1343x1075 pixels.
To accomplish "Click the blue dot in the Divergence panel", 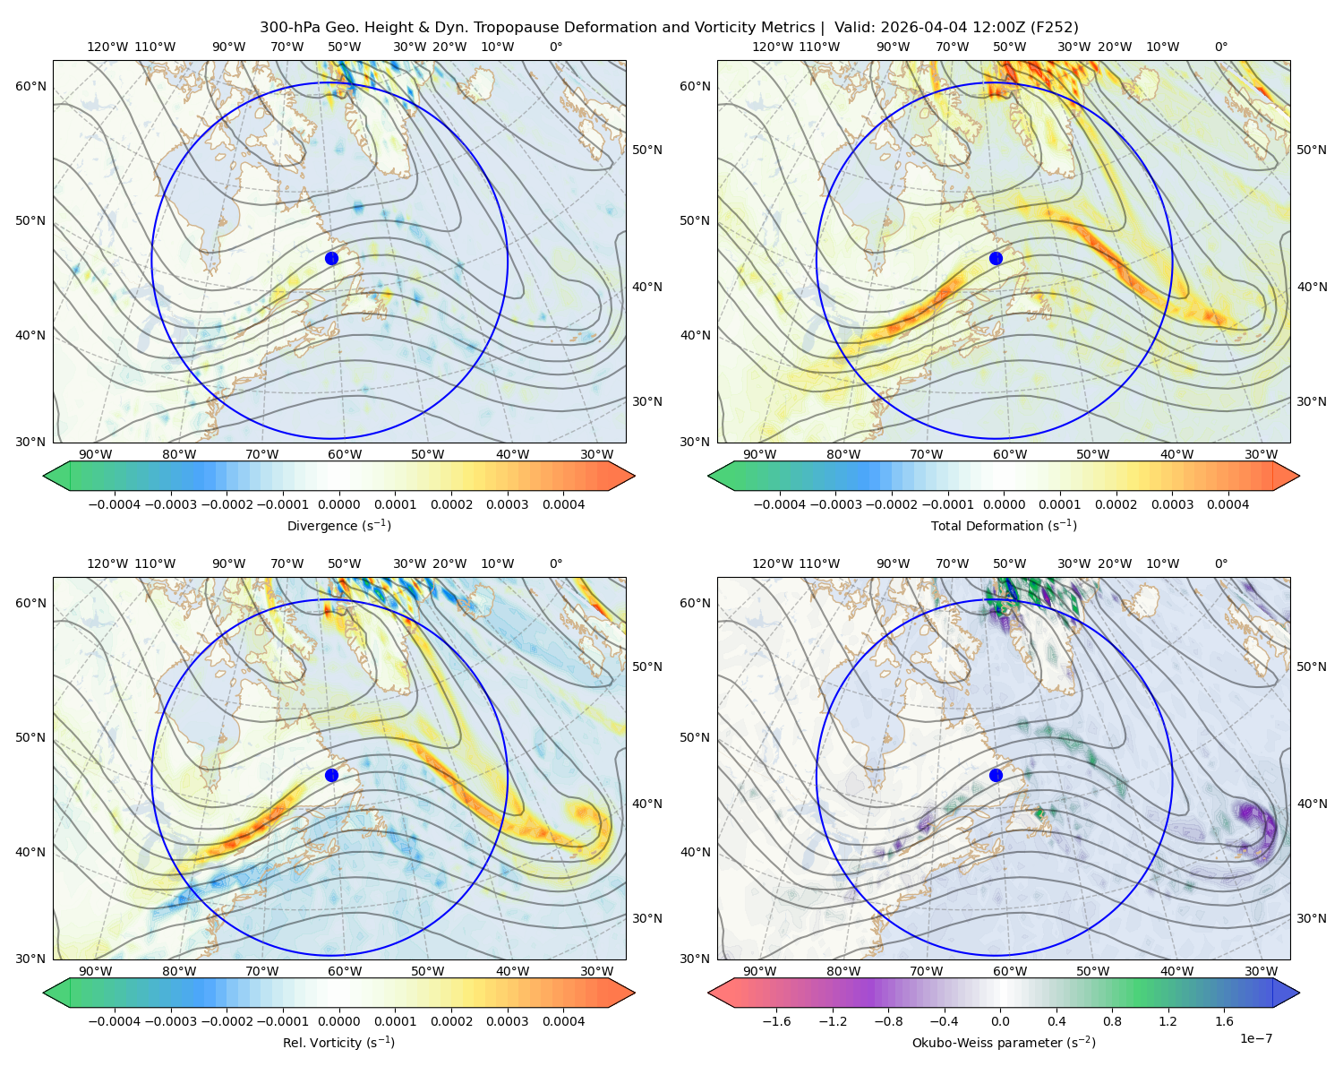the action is [x=331, y=259].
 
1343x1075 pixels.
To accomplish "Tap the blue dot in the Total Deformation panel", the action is [x=996, y=259].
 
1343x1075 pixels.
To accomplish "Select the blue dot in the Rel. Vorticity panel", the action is [x=331, y=775].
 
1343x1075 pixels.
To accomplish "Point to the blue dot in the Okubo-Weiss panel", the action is [x=996, y=775].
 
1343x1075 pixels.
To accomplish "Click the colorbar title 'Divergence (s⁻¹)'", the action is [x=338, y=526].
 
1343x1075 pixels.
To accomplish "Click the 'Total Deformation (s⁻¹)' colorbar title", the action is [x=1004, y=526].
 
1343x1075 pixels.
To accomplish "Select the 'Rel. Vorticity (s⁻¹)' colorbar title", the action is [x=338, y=1043].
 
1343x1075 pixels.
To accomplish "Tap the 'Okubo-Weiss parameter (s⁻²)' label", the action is [x=1004, y=1043].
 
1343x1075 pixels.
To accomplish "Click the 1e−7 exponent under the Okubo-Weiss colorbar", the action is [x=1255, y=1038].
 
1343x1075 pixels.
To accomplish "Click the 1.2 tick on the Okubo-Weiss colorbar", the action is [x=1168, y=1021].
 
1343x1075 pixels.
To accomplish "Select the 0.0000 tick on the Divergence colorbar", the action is [x=338, y=504].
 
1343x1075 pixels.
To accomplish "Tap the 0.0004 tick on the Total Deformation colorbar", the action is [x=1228, y=504].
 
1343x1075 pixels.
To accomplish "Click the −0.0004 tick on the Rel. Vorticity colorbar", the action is [x=115, y=1021].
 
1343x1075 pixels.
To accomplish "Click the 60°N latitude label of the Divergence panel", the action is [x=30, y=86].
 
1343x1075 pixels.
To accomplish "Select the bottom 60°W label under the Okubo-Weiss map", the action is [x=1010, y=971].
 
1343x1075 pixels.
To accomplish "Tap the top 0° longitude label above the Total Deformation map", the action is [x=1221, y=47].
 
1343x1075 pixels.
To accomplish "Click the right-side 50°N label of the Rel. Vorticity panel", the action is [x=647, y=666].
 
